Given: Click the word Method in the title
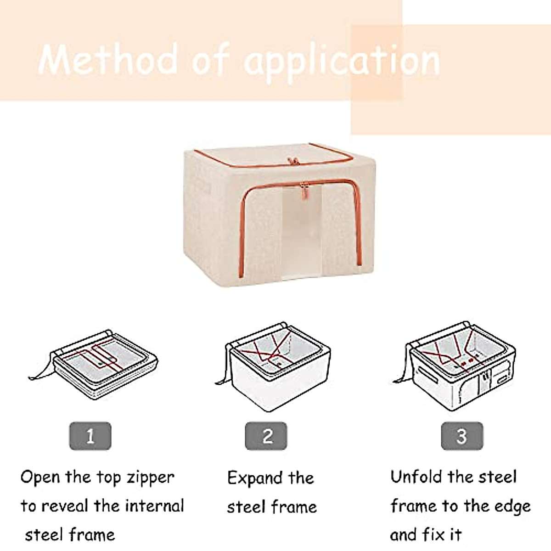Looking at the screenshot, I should point(108,60).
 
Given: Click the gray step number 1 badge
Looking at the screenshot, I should point(90,436).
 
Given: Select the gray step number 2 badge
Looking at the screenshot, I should point(266,436).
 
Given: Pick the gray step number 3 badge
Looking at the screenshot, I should point(461,436).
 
